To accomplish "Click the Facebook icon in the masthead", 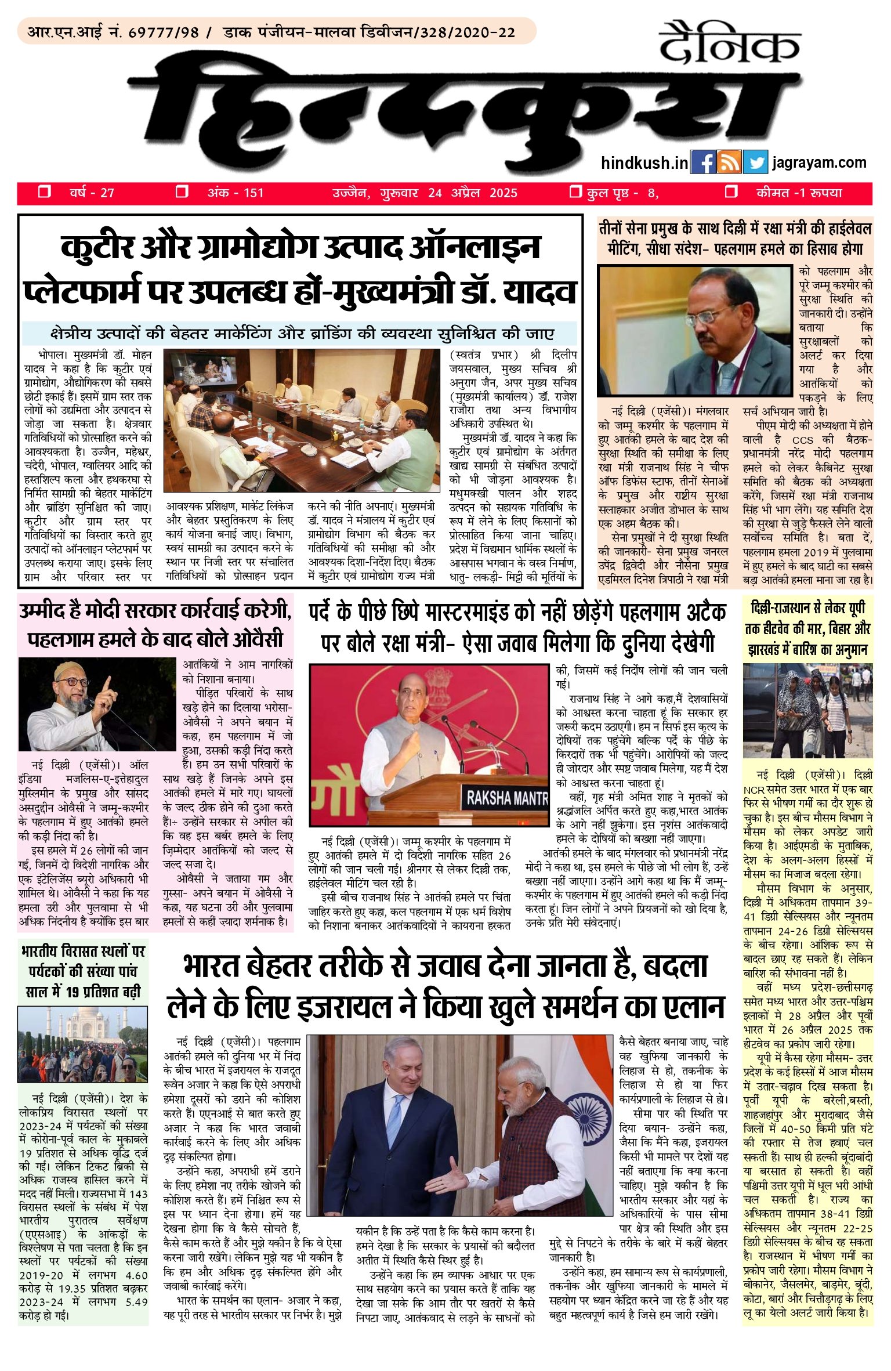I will pyautogui.click(x=703, y=162).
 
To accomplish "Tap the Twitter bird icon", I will pyautogui.click(x=755, y=162).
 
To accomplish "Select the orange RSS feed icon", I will pyautogui.click(x=729, y=162).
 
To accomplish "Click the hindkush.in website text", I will pyautogui.click(x=644, y=163).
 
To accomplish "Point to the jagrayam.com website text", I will pyautogui.click(x=819, y=162).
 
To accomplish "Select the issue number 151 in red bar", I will pyautogui.click(x=253, y=193).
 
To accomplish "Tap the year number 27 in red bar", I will pyautogui.click(x=107, y=193).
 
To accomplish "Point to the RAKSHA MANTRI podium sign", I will pyautogui.click(x=506, y=799).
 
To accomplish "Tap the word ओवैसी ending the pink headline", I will pyautogui.click(x=258, y=639).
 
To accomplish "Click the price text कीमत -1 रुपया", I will pyautogui.click(x=799, y=193).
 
